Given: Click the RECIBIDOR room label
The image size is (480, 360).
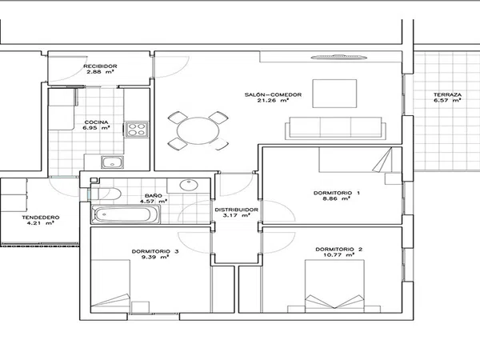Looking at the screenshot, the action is [x=100, y=66].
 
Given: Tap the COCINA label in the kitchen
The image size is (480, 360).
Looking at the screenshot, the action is [x=96, y=122].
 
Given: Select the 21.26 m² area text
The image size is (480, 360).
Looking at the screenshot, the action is [x=273, y=101].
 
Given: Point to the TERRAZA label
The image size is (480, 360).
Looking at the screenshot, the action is [x=447, y=94].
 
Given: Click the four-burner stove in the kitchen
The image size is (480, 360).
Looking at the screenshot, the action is [x=137, y=129].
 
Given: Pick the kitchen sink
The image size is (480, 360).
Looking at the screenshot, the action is [x=112, y=162].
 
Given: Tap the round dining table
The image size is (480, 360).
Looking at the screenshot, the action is [x=198, y=130].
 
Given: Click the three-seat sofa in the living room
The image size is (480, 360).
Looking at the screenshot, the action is [x=335, y=128].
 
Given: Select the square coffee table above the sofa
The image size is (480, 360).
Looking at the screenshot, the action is [x=334, y=94].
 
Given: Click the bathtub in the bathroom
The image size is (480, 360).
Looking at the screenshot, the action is [x=126, y=214].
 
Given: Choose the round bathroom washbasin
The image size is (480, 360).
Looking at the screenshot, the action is [x=189, y=185].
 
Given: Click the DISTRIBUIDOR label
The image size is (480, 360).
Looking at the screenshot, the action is [x=236, y=210].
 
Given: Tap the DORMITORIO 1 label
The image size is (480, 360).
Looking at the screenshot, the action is [x=337, y=193].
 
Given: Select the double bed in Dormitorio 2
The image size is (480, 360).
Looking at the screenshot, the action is [x=334, y=286].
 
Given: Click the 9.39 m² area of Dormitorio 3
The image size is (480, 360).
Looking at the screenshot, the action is [x=155, y=257].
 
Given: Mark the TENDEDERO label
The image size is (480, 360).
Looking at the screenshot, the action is [x=41, y=218].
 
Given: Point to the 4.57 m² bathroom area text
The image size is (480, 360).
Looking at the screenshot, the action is [x=154, y=202].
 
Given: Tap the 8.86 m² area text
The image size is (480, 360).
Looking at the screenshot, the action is [x=337, y=198].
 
